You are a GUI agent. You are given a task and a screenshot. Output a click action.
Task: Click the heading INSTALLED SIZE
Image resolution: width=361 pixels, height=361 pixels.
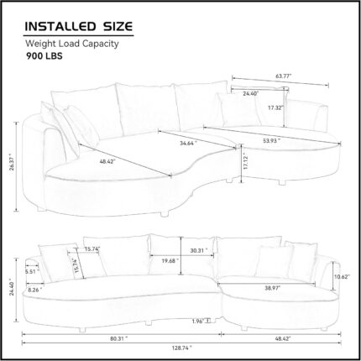pyautogui.click(x=79, y=27)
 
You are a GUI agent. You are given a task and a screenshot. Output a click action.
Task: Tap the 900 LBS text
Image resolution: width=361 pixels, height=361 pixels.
pyautogui.click(x=44, y=56)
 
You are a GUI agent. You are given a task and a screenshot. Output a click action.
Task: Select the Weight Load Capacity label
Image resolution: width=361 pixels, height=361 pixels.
pyautogui.click(x=72, y=44)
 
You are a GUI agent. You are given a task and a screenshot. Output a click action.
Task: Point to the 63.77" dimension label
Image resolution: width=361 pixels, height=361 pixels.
pyautogui.click(x=284, y=76)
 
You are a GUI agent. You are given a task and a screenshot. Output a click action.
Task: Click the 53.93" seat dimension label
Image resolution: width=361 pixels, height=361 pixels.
pyautogui.click(x=271, y=141)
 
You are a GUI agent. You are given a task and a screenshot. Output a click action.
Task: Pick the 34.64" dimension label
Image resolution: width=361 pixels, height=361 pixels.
pyautogui.click(x=188, y=144)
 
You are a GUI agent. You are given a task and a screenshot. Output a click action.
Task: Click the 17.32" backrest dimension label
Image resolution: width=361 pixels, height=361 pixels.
pyautogui.click(x=275, y=107)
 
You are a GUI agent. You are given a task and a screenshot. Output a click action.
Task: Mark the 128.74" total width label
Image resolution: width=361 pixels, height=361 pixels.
pyautogui.click(x=182, y=348)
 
